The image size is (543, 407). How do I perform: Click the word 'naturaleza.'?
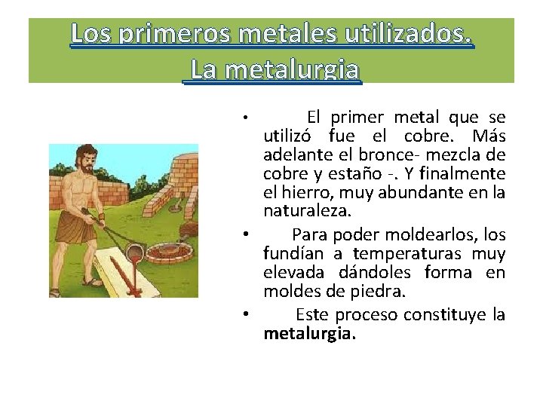pos(299,211)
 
